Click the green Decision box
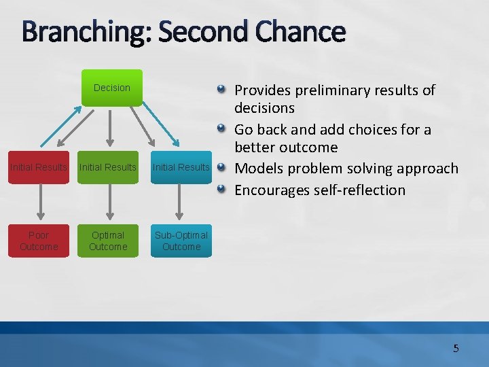[x=112, y=88]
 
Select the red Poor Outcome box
[x=39, y=241]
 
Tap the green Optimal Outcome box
[x=108, y=241]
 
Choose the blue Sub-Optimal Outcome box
[x=181, y=241]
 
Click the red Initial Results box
[x=39, y=167]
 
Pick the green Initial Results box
[x=108, y=167]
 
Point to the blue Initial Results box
[x=181, y=167]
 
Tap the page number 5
[x=456, y=349]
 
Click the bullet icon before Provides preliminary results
[x=222, y=90]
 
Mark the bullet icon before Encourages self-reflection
[x=222, y=190]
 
